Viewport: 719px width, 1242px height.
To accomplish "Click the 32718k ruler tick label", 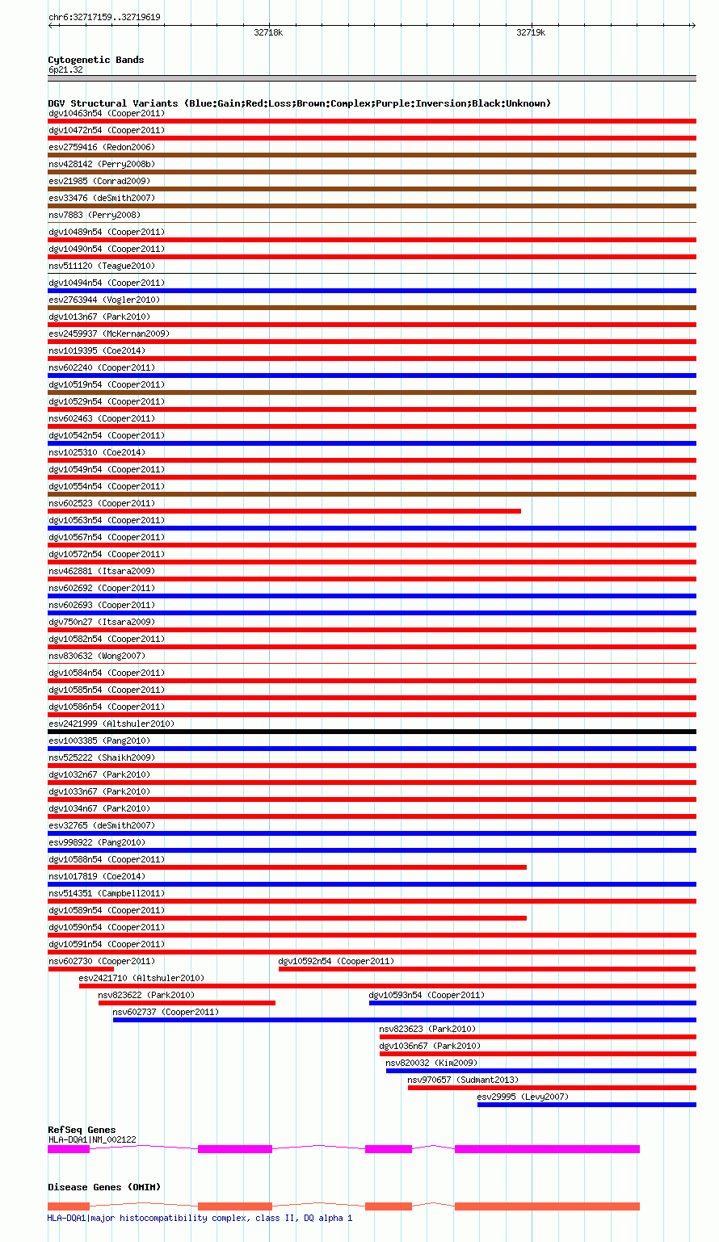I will coord(268,33).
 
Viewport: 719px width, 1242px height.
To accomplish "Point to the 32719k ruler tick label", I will coord(531,33).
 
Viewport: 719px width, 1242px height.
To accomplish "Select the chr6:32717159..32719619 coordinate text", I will coord(104,17).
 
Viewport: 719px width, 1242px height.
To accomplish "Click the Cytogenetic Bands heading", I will coord(95,60).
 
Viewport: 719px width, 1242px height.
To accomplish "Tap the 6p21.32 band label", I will coord(65,70).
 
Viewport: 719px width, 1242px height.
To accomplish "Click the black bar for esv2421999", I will coord(372,732).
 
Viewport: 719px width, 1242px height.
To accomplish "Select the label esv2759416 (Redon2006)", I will coord(102,147).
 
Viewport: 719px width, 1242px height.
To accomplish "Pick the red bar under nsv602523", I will coord(284,511).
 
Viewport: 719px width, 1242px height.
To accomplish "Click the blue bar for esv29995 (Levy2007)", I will coord(587,1105).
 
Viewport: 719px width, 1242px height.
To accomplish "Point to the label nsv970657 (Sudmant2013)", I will coord(463,1080).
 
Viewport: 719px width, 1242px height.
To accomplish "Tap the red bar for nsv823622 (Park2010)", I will coord(187,1003).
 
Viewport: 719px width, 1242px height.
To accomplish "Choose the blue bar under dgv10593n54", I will coord(532,1003).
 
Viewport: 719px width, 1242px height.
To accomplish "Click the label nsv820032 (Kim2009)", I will coord(431,1063).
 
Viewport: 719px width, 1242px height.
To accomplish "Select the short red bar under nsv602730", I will coord(81,969).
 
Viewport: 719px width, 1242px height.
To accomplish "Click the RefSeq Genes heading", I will coord(82,1130).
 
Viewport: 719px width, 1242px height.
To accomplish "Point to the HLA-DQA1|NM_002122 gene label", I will coord(92,1139).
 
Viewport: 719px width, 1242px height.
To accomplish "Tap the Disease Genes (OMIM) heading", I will coord(104,1187).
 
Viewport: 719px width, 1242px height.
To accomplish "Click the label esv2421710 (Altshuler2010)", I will coord(141,978).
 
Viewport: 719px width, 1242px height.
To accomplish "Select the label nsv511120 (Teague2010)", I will coord(102,266).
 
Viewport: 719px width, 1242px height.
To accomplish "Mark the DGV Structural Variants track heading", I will coord(299,103).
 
